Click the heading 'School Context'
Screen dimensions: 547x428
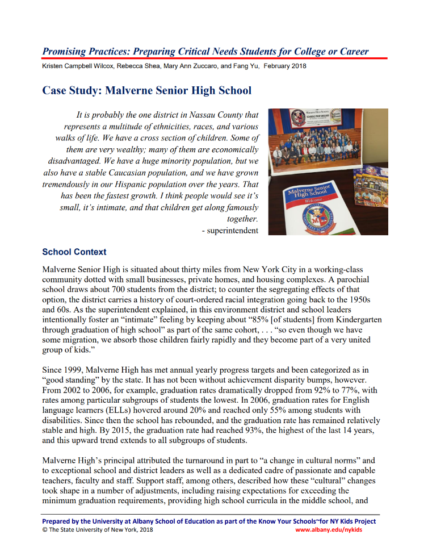point(74,252)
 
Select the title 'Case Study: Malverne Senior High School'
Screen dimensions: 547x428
point(146,90)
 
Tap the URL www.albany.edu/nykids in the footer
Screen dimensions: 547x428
point(329,529)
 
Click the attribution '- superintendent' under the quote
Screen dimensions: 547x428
point(230,230)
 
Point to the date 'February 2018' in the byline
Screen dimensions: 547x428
point(284,66)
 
